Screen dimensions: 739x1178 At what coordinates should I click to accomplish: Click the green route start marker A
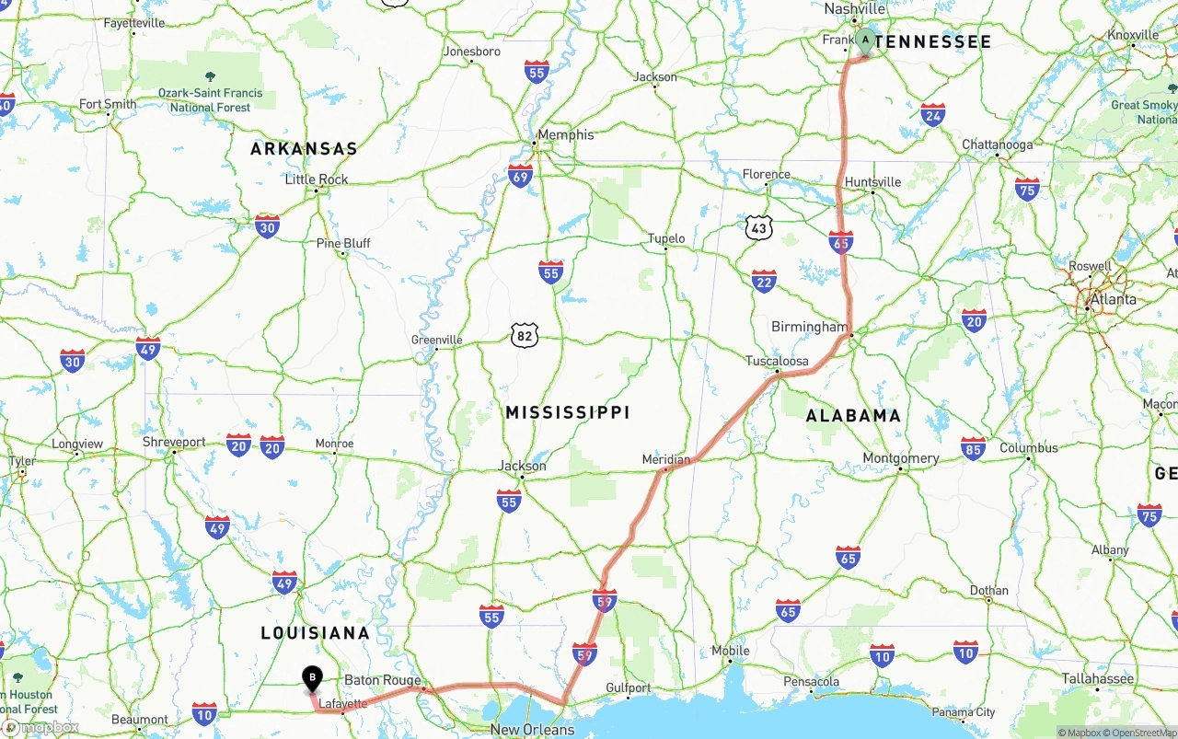[865, 40]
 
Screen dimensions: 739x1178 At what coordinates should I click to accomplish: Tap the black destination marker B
[312, 678]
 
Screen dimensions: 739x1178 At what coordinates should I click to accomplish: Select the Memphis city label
[565, 135]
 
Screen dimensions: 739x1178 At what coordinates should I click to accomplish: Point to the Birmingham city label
[810, 327]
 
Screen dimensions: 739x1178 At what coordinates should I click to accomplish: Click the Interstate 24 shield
[933, 114]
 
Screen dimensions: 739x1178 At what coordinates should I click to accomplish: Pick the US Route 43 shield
[759, 227]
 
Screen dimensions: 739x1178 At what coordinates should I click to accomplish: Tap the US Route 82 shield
[525, 336]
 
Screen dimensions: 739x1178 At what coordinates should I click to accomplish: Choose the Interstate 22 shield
[764, 282]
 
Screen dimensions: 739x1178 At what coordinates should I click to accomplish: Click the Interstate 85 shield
[973, 448]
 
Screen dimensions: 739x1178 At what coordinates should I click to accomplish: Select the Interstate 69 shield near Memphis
[521, 176]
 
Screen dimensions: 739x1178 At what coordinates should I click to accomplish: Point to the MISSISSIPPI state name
[567, 413]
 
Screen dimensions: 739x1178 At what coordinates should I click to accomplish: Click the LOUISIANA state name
[315, 633]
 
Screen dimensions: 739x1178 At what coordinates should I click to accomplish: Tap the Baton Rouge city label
[382, 681]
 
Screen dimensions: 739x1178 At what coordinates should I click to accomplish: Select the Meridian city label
[666, 459]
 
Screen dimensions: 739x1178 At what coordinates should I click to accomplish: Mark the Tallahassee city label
[1097, 678]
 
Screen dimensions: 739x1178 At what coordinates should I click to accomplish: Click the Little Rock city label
[317, 179]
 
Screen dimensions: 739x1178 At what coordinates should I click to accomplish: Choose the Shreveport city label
[174, 443]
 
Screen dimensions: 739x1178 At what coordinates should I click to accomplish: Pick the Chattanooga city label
[997, 145]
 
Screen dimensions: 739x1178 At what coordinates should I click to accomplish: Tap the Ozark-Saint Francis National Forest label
[210, 99]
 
